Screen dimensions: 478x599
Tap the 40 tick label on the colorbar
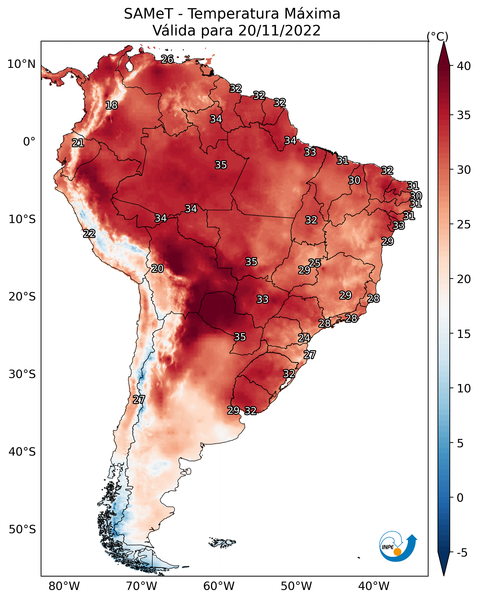[464, 66]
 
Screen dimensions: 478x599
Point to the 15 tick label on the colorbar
[464, 334]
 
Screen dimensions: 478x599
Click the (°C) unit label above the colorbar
[438, 36]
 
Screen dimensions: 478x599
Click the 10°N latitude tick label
[21, 64]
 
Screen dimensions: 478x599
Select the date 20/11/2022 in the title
[279, 30]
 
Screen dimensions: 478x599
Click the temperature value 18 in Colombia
[111, 105]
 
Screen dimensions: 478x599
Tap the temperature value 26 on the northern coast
[167, 59]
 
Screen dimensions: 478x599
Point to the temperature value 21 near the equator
[78, 143]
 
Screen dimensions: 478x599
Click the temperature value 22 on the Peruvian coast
[89, 233]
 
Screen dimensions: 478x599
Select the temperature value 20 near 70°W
[157, 268]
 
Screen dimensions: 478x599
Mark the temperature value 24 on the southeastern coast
[304, 338]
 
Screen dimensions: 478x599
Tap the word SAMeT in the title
[148, 14]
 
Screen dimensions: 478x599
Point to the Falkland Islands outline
[222, 542]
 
